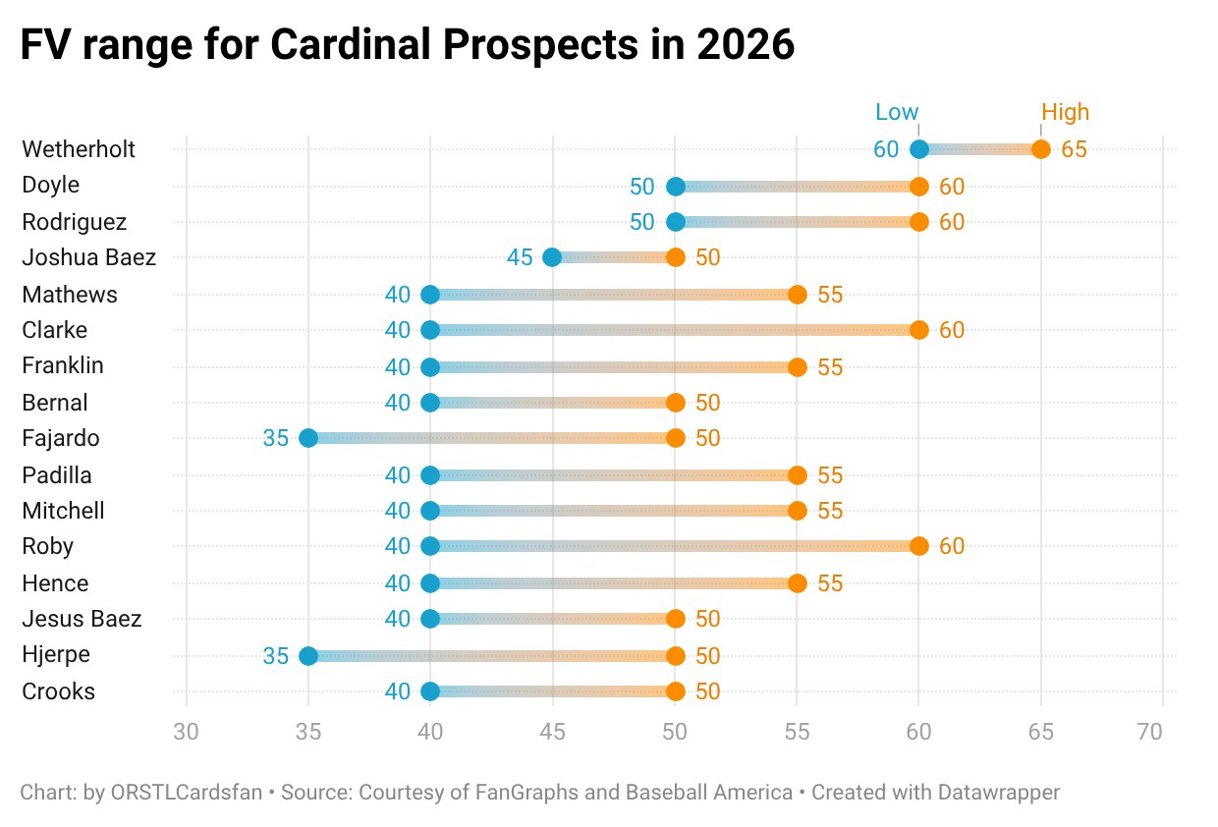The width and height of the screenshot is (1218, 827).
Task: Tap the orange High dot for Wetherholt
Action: point(1041,149)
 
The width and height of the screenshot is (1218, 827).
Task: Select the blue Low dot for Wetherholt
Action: point(919,149)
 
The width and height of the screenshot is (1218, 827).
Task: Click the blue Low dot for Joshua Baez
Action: point(552,257)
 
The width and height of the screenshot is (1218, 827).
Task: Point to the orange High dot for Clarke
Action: point(919,330)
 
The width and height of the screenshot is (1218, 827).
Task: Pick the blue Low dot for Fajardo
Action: point(308,438)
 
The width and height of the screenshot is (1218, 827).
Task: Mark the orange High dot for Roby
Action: point(919,546)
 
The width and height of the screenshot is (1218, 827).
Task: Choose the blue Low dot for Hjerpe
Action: point(308,655)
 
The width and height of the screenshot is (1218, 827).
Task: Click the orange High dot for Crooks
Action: point(675,691)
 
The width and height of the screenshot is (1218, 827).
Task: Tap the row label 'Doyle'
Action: point(51,186)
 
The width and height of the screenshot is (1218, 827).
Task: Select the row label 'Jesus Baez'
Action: point(82,619)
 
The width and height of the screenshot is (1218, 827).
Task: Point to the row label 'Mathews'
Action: point(70,294)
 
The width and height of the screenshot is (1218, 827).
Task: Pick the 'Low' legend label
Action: point(897,112)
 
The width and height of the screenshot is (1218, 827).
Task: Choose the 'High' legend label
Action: point(1066,112)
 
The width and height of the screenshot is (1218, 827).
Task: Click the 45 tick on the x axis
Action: point(552,732)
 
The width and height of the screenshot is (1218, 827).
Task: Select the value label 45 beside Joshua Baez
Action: point(520,257)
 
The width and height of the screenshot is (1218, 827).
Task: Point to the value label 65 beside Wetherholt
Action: point(1075,149)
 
